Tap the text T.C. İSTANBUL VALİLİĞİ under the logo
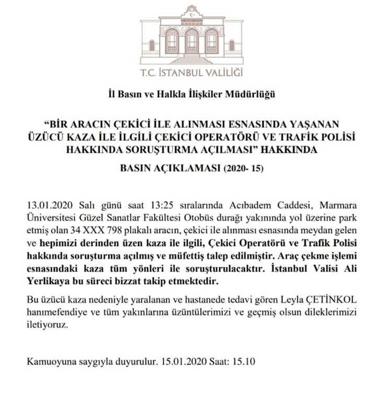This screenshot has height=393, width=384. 191,73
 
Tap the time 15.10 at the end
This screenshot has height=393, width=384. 245,362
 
